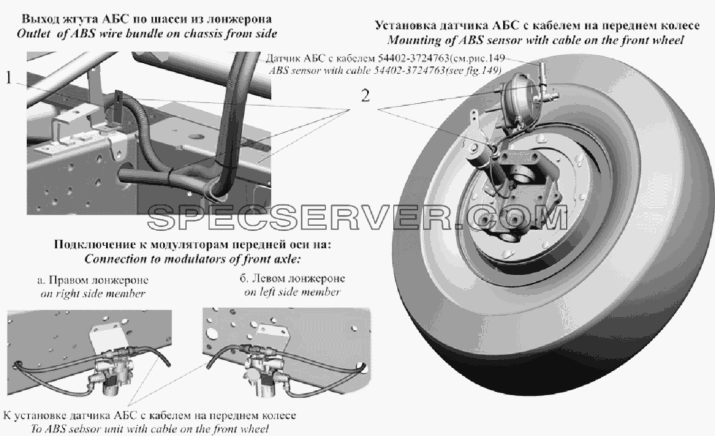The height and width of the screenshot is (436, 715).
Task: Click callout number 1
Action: [x=9, y=78]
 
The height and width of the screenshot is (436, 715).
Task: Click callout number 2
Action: [x=365, y=96]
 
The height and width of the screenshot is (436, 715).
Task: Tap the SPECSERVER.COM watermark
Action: [x=357, y=218]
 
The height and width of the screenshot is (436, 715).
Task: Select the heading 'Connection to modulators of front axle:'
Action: [x=192, y=259]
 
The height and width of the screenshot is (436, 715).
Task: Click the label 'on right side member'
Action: [x=93, y=294]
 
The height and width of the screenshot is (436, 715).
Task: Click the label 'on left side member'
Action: [x=292, y=292]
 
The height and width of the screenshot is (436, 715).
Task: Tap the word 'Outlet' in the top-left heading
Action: [x=33, y=34]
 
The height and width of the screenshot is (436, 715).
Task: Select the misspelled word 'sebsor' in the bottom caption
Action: [x=87, y=429]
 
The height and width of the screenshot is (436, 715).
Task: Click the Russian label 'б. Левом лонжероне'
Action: [x=292, y=278]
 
